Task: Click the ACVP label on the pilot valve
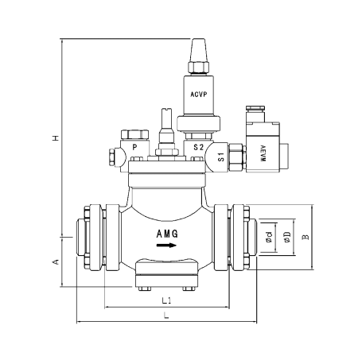(198, 97)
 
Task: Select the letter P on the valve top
(134, 148)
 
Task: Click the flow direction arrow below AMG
(166, 246)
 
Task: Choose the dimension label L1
(167, 301)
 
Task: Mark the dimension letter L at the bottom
(165, 315)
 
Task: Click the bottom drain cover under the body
(166, 273)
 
